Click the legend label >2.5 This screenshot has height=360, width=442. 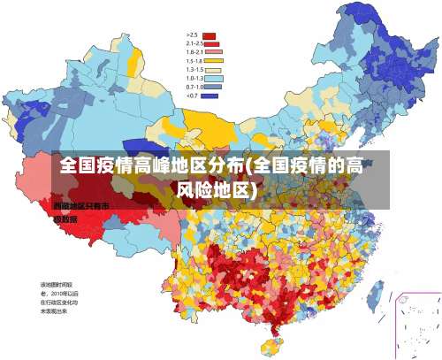[x=191, y=34]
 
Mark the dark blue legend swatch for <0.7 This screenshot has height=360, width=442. [x=210, y=96]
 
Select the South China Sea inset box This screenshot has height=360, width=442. [x=416, y=324]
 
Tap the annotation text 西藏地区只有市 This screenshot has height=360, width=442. [x=80, y=206]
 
